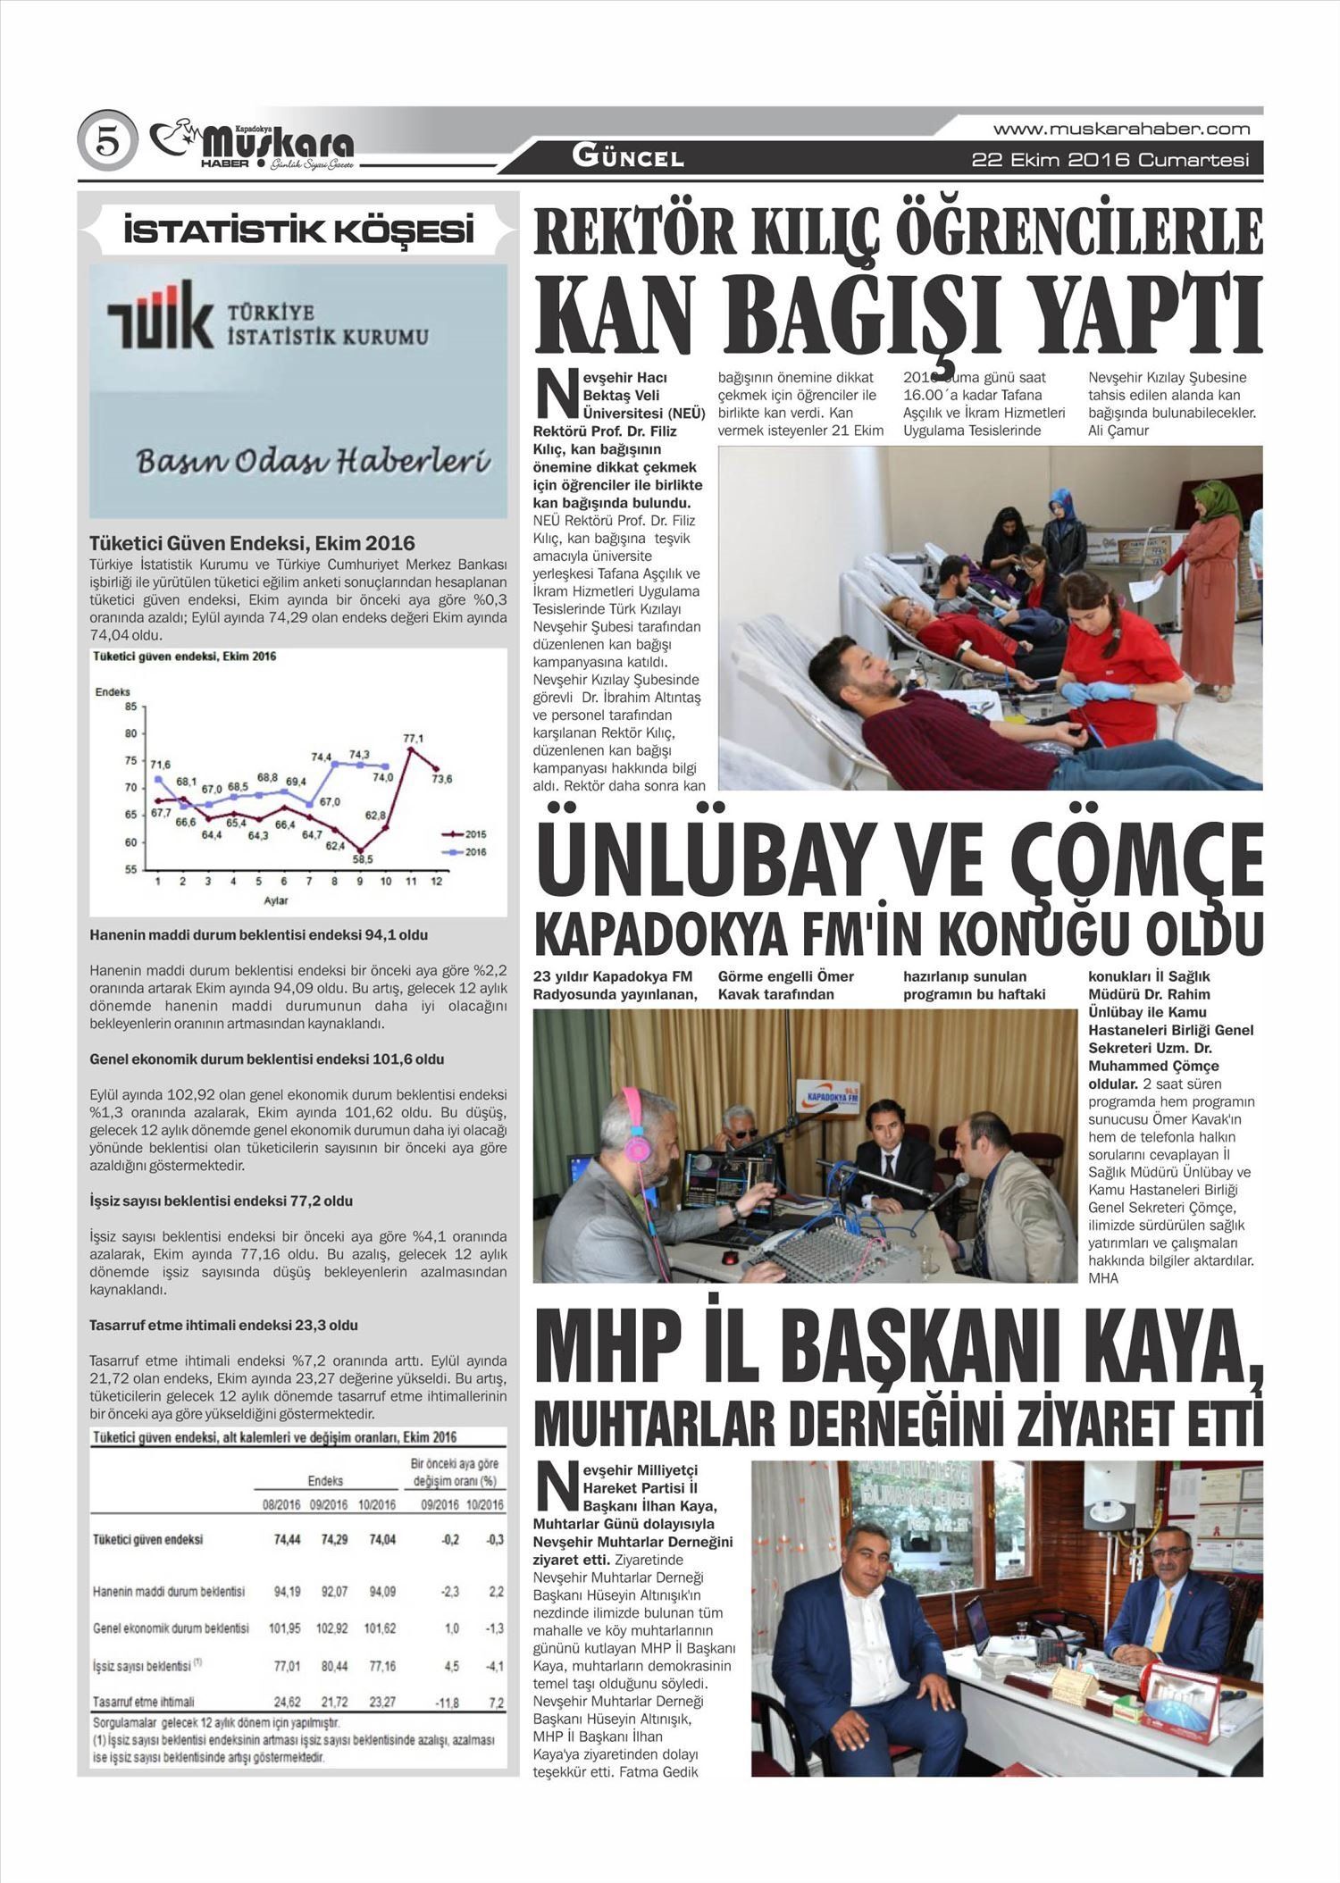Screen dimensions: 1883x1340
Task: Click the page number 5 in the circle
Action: pyautogui.click(x=107, y=143)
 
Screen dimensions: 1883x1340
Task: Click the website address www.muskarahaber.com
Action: pyautogui.click(x=1121, y=129)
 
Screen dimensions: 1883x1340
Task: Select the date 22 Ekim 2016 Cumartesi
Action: pyautogui.click(x=1110, y=161)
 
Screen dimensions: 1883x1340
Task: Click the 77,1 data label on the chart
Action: pyautogui.click(x=413, y=738)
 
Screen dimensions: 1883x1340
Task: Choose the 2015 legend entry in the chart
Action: pyautogui.click(x=465, y=833)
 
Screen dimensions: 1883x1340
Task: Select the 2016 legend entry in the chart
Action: pyautogui.click(x=465, y=851)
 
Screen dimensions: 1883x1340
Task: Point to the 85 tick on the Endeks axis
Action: pyautogui.click(x=130, y=707)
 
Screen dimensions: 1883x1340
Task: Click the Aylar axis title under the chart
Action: pyautogui.click(x=275, y=900)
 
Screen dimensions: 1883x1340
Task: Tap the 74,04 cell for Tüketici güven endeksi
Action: pyautogui.click(x=380, y=1539)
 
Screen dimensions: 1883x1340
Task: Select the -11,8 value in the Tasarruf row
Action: pyautogui.click(x=446, y=1703)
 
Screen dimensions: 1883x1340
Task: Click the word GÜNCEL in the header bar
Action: pyautogui.click(x=628, y=158)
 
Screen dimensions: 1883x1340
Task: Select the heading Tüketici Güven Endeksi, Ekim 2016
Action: pyautogui.click(x=252, y=543)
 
